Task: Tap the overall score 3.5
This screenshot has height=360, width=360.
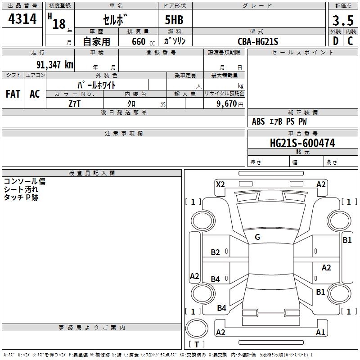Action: [342, 20]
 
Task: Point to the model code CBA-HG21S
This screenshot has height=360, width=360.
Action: [258, 41]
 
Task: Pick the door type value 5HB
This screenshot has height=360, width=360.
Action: [174, 20]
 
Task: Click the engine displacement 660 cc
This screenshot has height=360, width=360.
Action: [136, 41]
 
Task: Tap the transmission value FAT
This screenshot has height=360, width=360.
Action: [13, 94]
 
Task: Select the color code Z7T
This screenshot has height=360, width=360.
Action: [75, 103]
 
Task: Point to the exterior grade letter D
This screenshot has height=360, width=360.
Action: [335, 41]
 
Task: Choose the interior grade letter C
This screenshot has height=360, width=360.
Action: [350, 41]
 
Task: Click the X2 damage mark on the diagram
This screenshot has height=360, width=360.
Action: [220, 184]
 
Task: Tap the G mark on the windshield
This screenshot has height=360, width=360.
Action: [257, 237]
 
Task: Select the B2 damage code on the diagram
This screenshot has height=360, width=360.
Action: [216, 252]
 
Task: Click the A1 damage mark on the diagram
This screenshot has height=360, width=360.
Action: [320, 333]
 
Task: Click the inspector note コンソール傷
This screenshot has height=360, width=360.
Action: [25, 181]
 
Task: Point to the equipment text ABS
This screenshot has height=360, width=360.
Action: [258, 121]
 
